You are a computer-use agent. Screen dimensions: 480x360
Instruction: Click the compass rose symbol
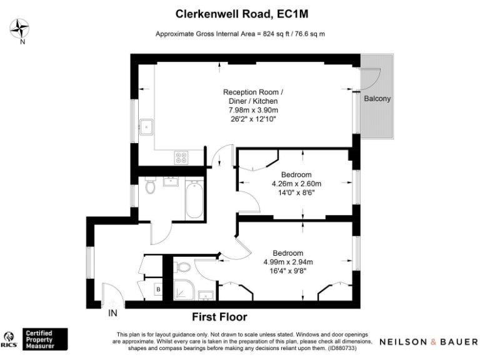[x=19, y=28]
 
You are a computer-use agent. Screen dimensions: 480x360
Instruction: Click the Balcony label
[x=377, y=99]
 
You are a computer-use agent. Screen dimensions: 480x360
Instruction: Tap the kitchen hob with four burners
[x=181, y=157]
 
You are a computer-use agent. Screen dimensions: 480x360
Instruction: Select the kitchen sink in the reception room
[x=146, y=127]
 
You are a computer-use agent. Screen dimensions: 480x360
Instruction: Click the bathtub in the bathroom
[x=194, y=199]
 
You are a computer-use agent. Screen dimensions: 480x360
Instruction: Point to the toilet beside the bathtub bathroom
[x=150, y=185]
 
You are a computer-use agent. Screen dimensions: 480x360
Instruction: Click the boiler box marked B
[x=158, y=289]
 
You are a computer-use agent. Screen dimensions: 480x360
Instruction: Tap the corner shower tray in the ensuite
[x=184, y=290]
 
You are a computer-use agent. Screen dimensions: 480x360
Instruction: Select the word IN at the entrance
[x=112, y=313]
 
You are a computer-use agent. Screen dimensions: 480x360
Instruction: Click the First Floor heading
[x=219, y=317]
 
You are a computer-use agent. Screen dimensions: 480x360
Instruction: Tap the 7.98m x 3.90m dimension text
[x=253, y=110]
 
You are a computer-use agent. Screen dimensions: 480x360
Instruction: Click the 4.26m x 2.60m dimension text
[x=296, y=184]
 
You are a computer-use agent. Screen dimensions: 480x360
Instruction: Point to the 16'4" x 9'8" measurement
[x=288, y=271]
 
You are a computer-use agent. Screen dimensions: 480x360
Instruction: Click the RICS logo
[x=9, y=340]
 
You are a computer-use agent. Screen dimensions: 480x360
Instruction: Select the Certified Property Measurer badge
[x=45, y=339]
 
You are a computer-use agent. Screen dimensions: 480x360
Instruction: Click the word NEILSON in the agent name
[x=404, y=342]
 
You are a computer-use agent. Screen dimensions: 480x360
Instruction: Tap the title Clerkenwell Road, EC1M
[x=242, y=14]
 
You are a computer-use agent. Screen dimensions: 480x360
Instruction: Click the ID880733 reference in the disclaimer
[x=342, y=348]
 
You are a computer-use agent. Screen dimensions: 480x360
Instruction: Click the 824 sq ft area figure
[x=276, y=34]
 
